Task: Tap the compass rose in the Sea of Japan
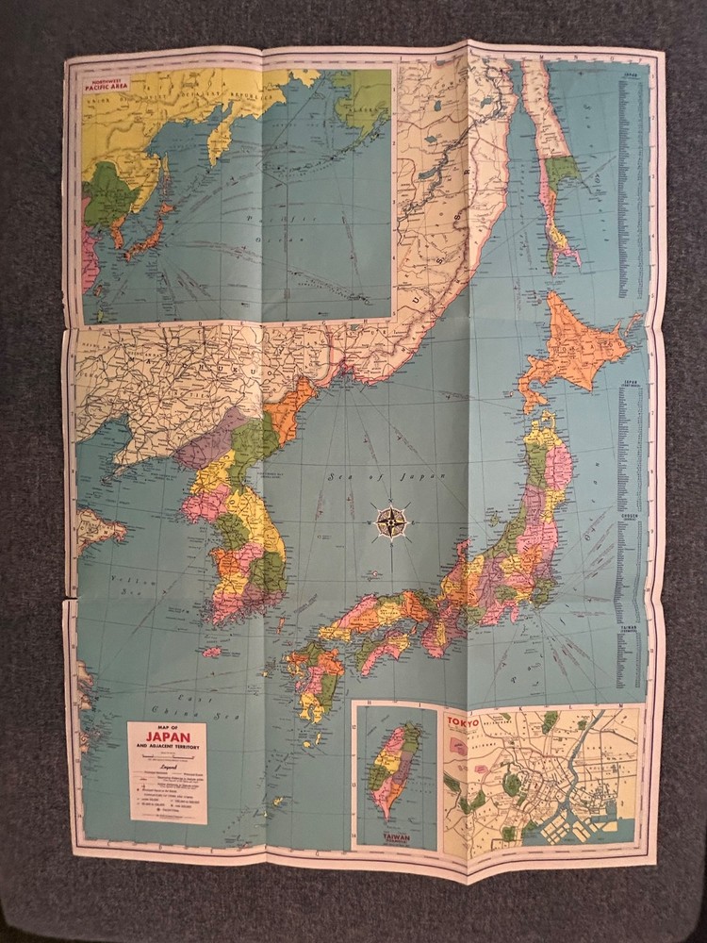(391, 519)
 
